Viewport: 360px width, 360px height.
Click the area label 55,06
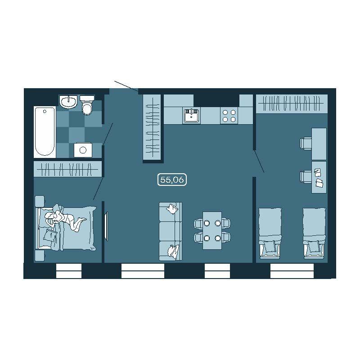(172, 180)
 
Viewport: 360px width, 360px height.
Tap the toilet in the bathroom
(87, 105)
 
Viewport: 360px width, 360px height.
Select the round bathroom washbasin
(68, 102)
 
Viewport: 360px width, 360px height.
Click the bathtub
(45, 132)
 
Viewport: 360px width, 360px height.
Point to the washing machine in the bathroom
(83, 150)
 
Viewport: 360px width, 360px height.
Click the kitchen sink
(191, 115)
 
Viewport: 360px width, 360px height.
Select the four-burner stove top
(229, 116)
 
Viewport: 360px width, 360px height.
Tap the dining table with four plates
(212, 230)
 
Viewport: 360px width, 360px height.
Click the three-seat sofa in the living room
(171, 231)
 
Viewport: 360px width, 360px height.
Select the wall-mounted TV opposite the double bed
(106, 227)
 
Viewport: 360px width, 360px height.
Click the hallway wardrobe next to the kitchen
(152, 127)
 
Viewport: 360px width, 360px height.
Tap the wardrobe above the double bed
(68, 169)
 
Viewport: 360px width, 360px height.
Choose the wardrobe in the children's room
(292, 104)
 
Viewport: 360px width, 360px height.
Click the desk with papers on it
(319, 177)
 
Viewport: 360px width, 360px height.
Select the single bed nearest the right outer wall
(314, 233)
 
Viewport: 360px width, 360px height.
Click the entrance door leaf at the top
(126, 86)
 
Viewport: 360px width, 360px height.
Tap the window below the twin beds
(292, 271)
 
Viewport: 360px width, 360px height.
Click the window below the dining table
(217, 271)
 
